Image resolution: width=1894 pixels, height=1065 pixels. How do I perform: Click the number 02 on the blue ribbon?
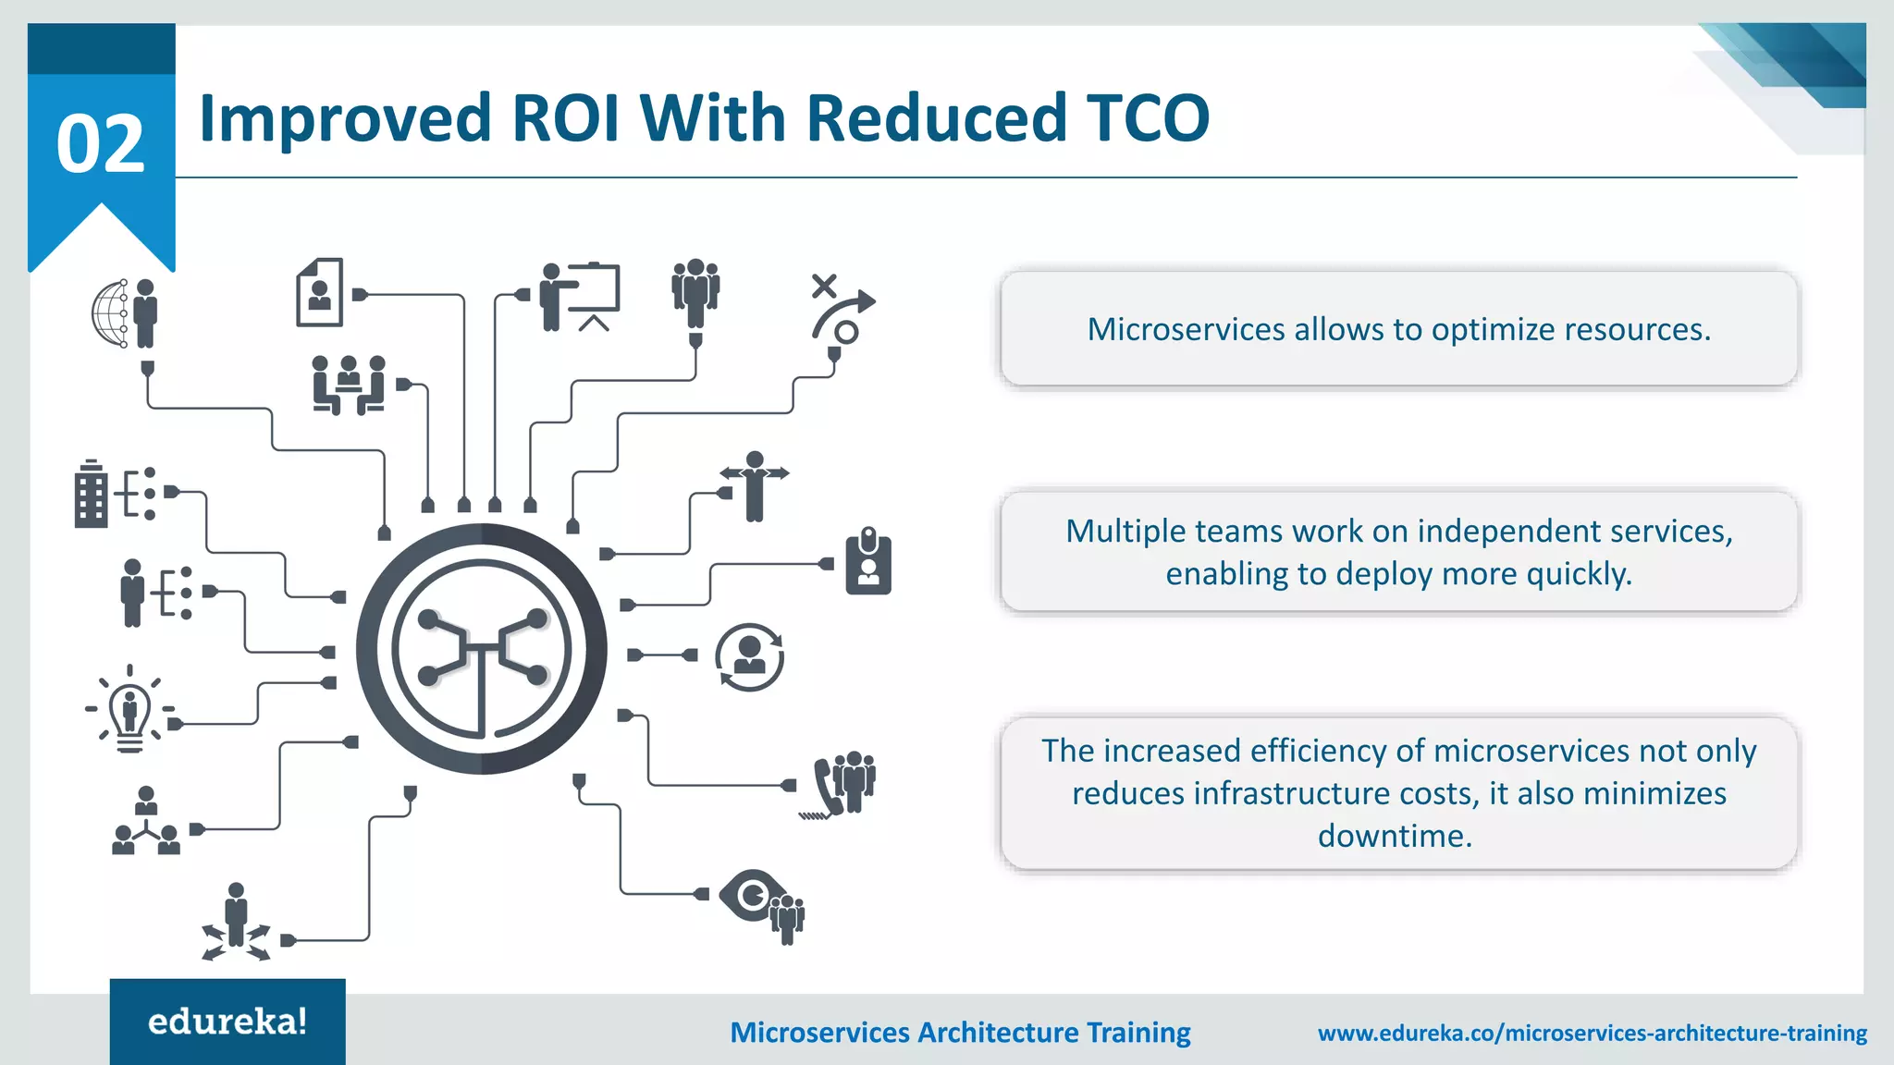click(101, 144)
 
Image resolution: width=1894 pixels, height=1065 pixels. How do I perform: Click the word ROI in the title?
click(564, 118)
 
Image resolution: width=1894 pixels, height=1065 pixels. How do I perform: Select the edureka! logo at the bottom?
click(228, 1022)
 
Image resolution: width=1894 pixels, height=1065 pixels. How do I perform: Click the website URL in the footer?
click(1592, 1033)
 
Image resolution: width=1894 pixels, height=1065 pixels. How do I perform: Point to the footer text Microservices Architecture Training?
click(960, 1033)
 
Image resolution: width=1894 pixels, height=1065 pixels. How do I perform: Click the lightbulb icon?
click(129, 710)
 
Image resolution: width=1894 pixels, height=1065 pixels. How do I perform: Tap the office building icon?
click(91, 494)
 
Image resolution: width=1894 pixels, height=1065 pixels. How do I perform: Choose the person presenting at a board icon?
click(580, 296)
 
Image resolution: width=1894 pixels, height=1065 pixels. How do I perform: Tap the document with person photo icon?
click(320, 292)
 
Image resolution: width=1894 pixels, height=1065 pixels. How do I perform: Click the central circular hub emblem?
click(481, 649)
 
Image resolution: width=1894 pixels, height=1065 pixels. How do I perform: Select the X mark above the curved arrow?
click(823, 285)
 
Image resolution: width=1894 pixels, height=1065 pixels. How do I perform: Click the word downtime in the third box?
click(1395, 836)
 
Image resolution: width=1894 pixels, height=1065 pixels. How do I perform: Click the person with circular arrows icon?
click(749, 657)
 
